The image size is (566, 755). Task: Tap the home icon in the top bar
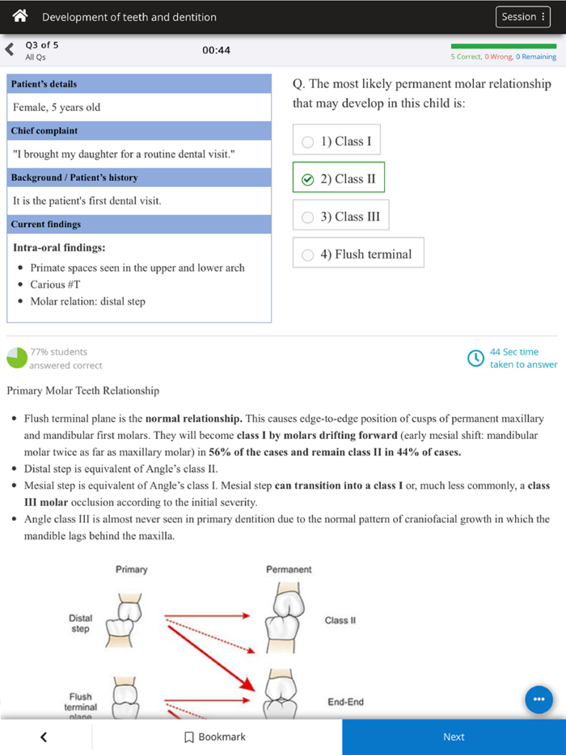pos(21,16)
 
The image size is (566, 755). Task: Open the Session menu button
pos(522,17)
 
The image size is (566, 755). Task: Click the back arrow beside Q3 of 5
pos(10,50)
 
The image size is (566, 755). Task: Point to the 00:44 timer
pos(216,50)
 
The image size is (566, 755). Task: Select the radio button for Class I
pos(307,142)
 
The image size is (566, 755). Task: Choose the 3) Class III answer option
pos(340,217)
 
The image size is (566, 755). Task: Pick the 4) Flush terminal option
pos(358,254)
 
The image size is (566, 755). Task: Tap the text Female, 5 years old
pos(57,108)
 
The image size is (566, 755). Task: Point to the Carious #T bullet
pos(55,285)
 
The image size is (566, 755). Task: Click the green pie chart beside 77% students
pos(16,358)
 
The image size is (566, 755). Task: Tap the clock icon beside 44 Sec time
pos(476,358)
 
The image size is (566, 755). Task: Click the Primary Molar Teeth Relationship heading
pos(83,391)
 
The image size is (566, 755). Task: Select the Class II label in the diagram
pos(340,621)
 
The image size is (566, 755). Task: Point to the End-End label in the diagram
pos(345,702)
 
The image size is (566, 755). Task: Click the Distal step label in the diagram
pos(80,624)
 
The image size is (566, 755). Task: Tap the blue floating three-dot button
pos(539,699)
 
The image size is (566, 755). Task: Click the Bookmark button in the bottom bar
pos(215,737)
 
